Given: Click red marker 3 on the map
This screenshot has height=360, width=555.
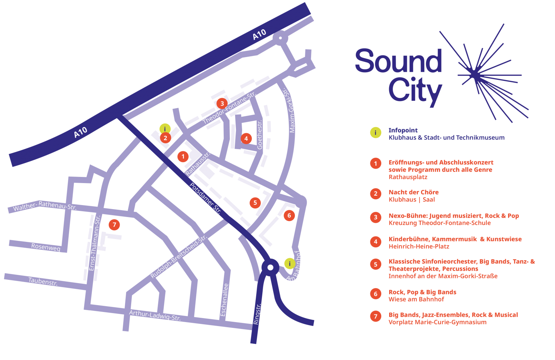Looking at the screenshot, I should click(222, 104).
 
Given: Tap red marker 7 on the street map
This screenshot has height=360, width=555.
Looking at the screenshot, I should click(114, 225).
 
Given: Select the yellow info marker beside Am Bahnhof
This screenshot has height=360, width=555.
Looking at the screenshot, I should click(289, 264).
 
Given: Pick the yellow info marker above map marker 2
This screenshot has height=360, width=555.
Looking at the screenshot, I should click(165, 129).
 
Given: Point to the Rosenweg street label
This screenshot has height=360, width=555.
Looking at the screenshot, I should click(46, 247).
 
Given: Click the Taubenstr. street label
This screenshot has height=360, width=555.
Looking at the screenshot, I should click(43, 281).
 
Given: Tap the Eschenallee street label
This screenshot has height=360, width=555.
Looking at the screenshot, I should click(224, 300).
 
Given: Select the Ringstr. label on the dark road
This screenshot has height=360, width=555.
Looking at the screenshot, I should click(257, 314).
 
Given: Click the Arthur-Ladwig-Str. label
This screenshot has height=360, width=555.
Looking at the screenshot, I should click(155, 315).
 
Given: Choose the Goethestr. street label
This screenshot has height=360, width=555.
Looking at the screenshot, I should click(260, 135).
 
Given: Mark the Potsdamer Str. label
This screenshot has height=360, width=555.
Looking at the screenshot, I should click(205, 199).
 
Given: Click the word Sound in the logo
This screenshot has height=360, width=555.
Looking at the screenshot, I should click(398, 61).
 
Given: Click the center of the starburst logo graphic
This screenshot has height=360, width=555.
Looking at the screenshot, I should click(474, 75).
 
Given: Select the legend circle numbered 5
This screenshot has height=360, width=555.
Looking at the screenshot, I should click(375, 264).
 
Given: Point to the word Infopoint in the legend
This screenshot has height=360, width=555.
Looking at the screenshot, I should click(403, 130).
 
